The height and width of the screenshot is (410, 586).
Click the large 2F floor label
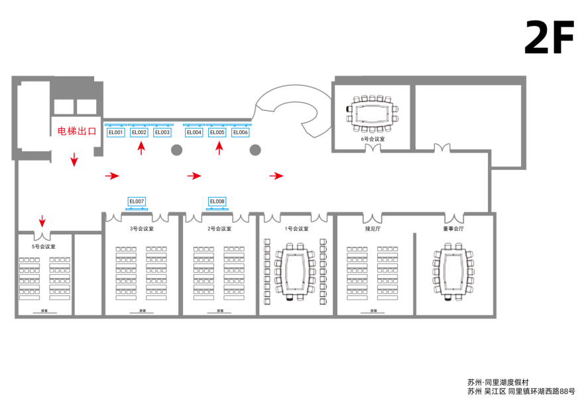tap(548, 38)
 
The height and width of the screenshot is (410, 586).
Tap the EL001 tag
tap(116, 133)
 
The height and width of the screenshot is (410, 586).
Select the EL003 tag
tap(162, 133)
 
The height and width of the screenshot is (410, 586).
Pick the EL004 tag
tap(194, 133)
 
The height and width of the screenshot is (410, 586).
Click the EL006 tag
tap(240, 133)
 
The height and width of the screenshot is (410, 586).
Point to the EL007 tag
tap(137, 201)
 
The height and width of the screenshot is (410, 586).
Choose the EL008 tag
tap(217, 201)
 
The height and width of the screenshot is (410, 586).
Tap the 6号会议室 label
tap(373, 139)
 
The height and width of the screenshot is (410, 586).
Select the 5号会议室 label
tap(43, 246)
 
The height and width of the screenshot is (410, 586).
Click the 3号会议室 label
tap(141, 229)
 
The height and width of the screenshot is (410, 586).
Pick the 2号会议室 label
tap(219, 229)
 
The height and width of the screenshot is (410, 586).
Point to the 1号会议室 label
tap(296, 229)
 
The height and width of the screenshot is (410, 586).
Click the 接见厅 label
tap(373, 229)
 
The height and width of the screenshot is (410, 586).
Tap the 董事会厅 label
tap(453, 229)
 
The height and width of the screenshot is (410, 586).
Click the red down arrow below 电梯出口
tap(74, 159)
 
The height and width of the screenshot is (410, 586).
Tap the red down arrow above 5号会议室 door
tap(42, 220)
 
